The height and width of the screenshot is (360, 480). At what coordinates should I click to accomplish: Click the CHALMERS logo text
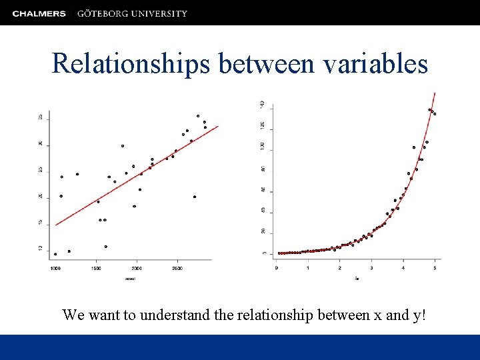click(39, 13)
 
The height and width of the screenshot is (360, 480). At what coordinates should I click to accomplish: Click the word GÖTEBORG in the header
click(103, 13)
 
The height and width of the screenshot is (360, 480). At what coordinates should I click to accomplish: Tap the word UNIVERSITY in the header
click(159, 13)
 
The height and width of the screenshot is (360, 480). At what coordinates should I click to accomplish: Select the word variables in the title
click(375, 63)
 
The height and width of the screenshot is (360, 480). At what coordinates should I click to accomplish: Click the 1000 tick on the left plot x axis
click(55, 268)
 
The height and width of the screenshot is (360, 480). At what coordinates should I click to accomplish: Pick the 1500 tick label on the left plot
click(96, 268)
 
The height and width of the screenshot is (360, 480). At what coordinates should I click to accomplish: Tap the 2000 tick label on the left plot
click(137, 268)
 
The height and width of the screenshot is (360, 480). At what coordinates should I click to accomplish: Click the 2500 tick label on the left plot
click(177, 268)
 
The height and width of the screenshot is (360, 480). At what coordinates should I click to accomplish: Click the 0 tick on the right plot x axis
click(277, 268)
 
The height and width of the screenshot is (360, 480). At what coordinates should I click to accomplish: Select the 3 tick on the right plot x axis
click(371, 268)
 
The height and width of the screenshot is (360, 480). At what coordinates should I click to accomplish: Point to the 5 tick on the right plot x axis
click(435, 268)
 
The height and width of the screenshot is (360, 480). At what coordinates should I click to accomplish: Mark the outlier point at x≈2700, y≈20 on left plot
click(195, 197)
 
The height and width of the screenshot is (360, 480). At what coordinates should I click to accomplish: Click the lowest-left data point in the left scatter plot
click(55, 254)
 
